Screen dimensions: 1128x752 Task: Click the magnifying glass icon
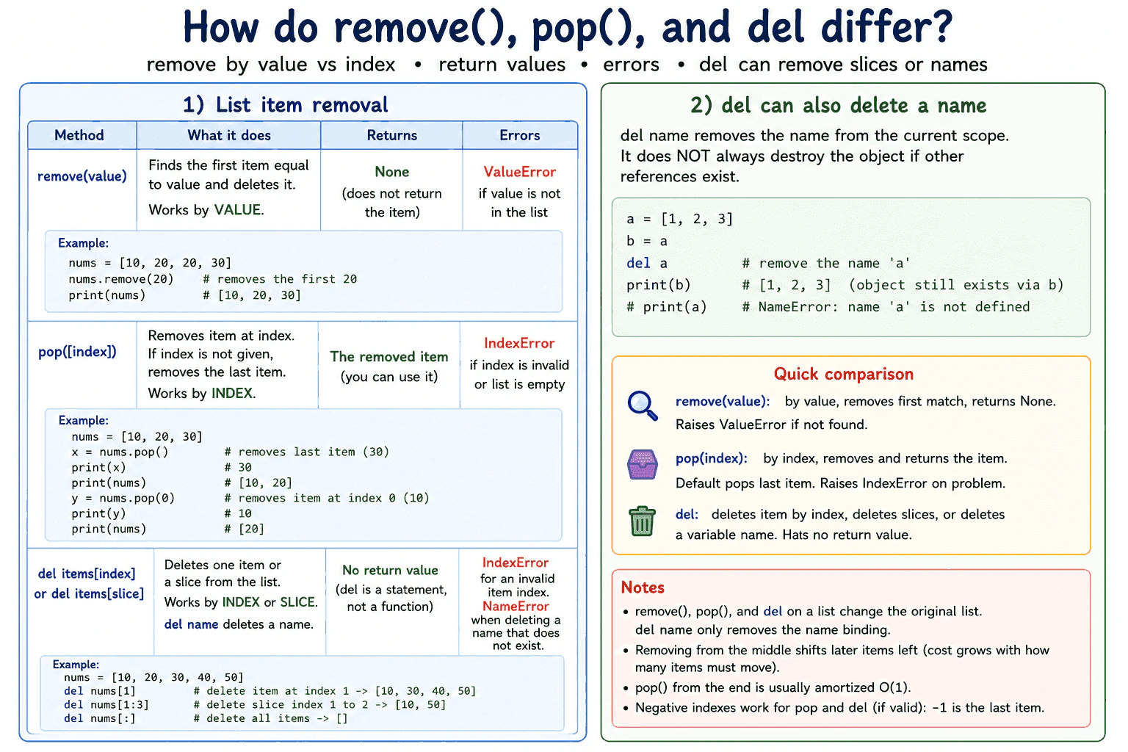click(642, 405)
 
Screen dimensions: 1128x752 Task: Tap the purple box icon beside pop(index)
click(642, 464)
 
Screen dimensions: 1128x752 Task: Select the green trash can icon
click(642, 521)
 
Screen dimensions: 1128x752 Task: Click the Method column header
click(79, 135)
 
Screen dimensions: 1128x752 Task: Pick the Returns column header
click(391, 135)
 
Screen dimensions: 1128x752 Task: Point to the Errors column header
click(520, 135)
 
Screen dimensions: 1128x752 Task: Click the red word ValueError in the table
click(520, 172)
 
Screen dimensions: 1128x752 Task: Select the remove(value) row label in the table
click(82, 176)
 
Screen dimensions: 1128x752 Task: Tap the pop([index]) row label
click(77, 352)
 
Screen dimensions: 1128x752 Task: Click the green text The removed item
click(388, 357)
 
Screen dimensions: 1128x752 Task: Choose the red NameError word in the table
click(516, 606)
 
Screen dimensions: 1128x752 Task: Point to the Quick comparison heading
click(844, 374)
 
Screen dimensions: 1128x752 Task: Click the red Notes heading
click(643, 587)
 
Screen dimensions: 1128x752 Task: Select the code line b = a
click(646, 242)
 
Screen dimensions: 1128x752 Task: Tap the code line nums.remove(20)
click(121, 279)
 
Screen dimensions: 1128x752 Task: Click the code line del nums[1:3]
click(106, 705)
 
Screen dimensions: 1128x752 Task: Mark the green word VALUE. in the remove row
click(239, 209)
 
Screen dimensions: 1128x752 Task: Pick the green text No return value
click(390, 570)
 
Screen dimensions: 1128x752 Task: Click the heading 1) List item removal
click(286, 105)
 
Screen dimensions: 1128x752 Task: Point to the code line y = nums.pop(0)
click(123, 498)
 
